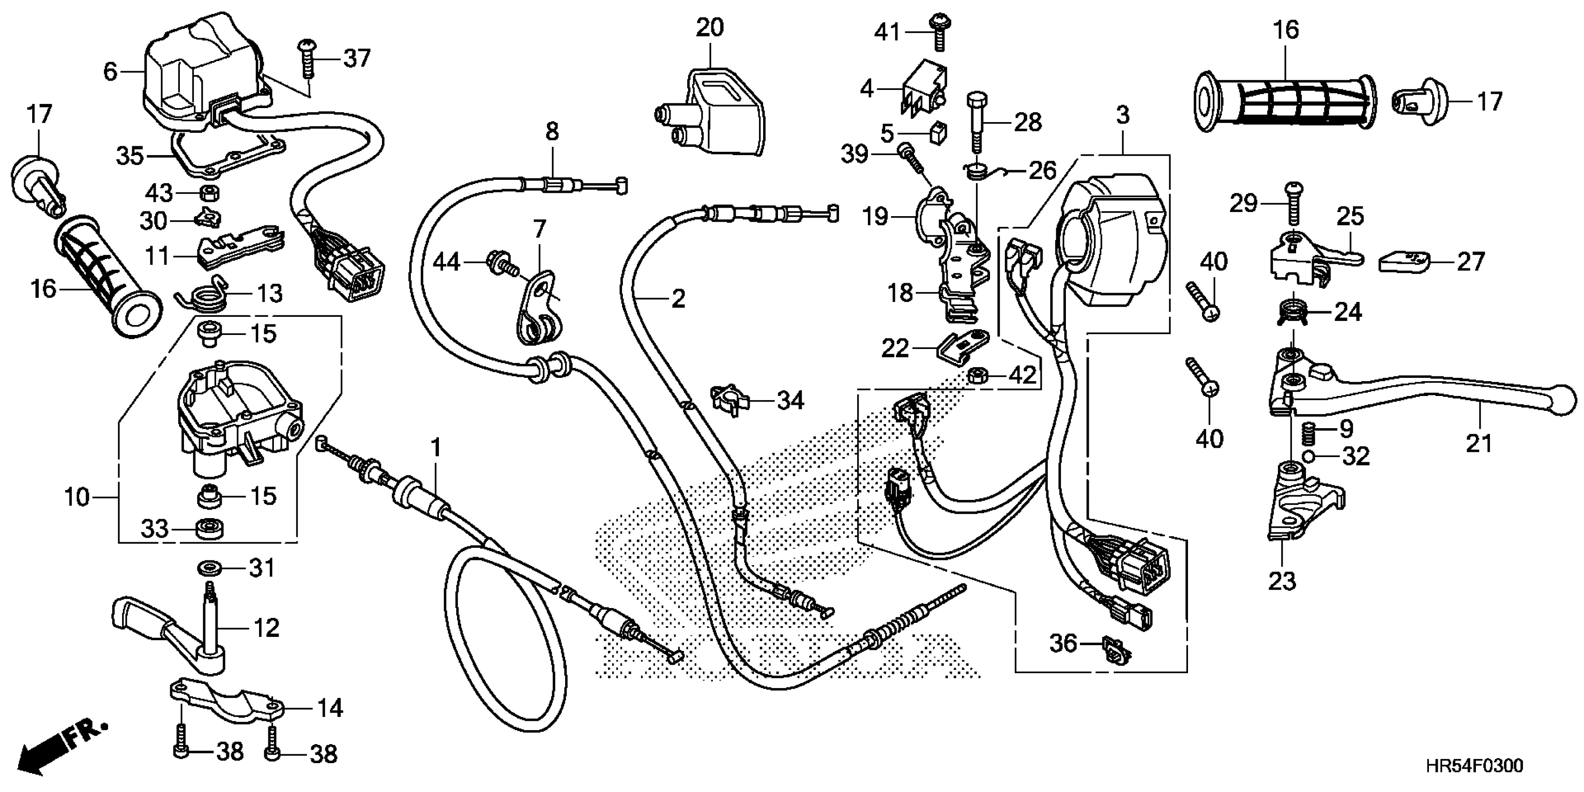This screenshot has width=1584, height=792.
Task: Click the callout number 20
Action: click(710, 27)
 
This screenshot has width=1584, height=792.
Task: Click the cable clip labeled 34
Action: click(729, 400)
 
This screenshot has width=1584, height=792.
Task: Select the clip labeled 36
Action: click(1113, 650)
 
